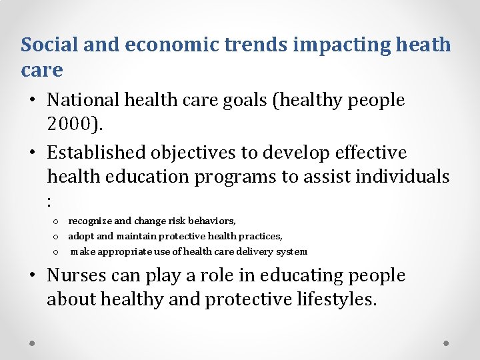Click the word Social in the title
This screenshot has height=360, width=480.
coord(49,45)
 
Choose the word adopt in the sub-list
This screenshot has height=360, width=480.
coord(81,236)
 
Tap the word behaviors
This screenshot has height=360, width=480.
coord(212,221)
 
